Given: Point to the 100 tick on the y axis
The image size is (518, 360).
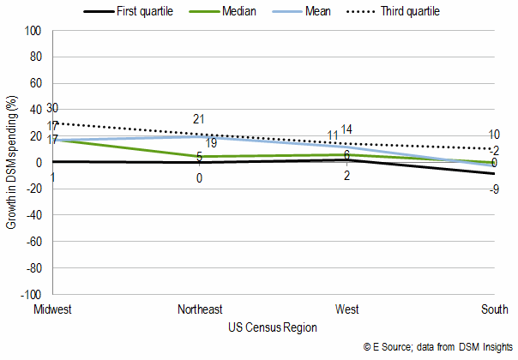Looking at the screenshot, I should [34, 31].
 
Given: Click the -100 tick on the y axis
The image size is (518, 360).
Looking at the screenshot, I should [33, 295].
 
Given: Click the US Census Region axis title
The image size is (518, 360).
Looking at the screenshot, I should [273, 327].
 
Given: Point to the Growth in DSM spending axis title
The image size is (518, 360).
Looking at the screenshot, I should [12, 163].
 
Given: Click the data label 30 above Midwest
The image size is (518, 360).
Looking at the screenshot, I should [52, 108].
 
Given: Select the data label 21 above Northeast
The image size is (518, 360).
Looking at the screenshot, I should [199, 119].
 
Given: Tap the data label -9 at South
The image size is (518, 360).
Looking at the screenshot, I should [495, 189].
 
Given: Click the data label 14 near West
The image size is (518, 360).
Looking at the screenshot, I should [347, 129].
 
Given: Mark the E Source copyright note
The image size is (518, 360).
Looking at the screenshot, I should [437, 347].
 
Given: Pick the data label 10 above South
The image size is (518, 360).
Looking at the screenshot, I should [495, 135].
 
